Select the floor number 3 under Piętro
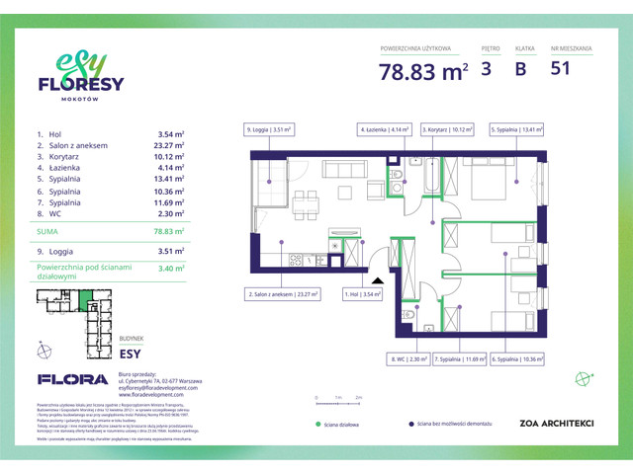487,70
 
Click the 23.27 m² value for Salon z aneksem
171,144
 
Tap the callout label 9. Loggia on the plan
269,128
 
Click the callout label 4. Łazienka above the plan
385,128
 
